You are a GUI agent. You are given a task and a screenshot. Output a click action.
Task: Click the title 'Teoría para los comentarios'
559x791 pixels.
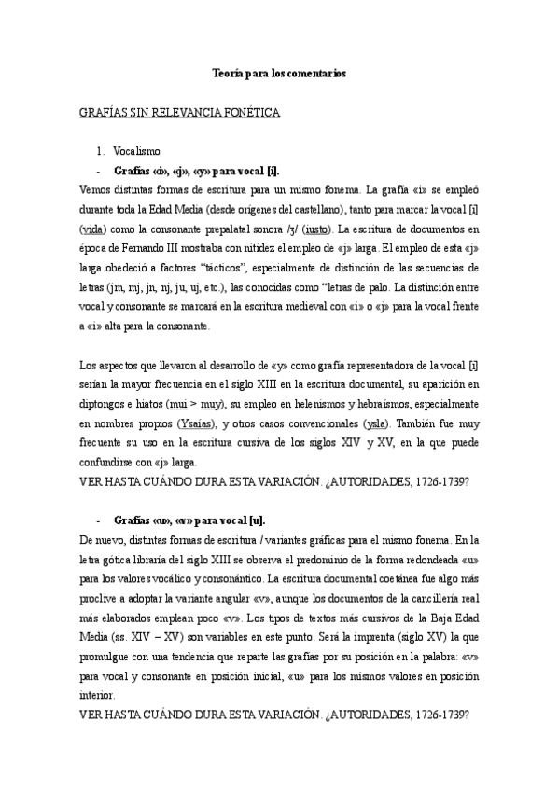point(280,74)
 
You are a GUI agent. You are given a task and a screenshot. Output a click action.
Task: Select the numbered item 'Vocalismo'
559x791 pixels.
point(137,151)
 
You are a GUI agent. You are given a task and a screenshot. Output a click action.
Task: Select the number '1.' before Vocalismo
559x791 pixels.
point(101,151)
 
